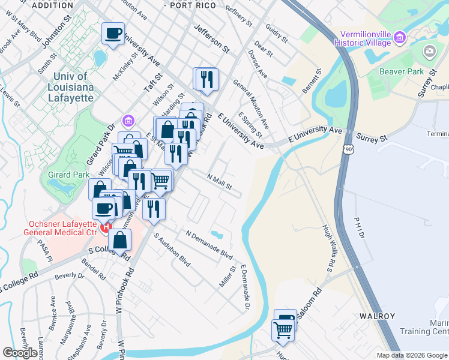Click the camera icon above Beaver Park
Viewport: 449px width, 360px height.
pyautogui.click(x=429, y=52)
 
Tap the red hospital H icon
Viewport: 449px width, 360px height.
pyautogui.click(x=106, y=227)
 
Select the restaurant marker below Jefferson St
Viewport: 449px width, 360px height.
pyautogui.click(x=207, y=79)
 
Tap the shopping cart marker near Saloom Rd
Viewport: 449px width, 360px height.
pyautogui.click(x=283, y=329)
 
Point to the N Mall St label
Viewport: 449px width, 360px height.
pyautogui.click(x=219, y=181)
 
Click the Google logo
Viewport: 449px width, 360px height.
pyautogui.click(x=20, y=353)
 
